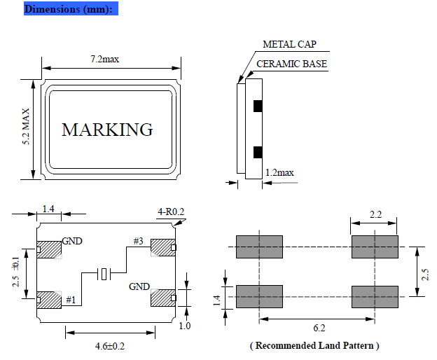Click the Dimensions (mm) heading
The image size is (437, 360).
(68, 10)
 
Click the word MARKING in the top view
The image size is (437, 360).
(107, 130)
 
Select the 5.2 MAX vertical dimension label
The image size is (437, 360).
(27, 127)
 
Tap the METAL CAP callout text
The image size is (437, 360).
(289, 44)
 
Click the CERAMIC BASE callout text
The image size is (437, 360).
(291, 64)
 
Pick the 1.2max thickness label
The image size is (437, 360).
(279, 172)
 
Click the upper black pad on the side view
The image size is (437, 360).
(257, 106)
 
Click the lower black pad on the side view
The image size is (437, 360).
(257, 151)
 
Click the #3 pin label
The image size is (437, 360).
(139, 242)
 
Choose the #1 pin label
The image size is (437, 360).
(70, 300)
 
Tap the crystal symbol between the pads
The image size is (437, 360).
(104, 274)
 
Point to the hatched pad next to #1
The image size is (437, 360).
(49, 299)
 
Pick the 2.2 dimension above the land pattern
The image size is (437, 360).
(375, 215)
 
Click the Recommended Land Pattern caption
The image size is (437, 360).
(314, 345)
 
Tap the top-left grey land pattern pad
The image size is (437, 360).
(259, 247)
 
